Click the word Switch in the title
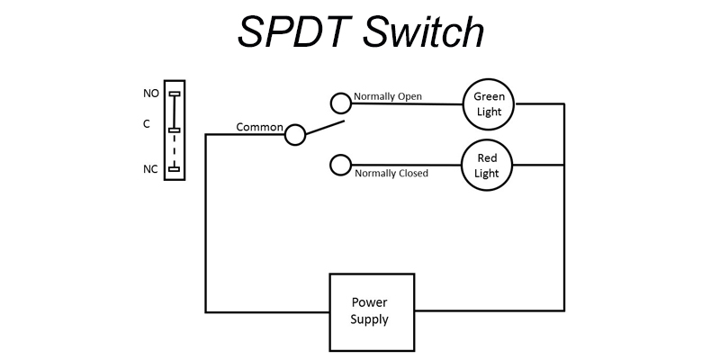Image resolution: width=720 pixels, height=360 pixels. click(x=424, y=33)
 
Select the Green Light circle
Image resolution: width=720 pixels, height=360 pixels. click(x=488, y=103)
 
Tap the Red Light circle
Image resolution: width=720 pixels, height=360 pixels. click(x=487, y=165)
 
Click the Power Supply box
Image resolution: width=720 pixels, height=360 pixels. click(x=371, y=311)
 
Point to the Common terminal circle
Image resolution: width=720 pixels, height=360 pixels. click(x=295, y=135)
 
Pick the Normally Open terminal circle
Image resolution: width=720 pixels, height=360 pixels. click(x=340, y=103)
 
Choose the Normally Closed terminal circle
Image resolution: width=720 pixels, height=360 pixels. click(x=340, y=165)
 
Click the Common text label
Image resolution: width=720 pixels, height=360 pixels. click(x=259, y=127)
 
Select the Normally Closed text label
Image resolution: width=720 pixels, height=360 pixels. click(x=391, y=173)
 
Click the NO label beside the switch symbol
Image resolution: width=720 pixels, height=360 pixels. click(x=150, y=94)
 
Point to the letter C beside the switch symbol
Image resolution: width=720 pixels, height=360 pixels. click(x=147, y=125)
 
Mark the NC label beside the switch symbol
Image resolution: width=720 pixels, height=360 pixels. click(x=150, y=168)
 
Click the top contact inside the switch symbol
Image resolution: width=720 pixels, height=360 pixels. click(x=175, y=94)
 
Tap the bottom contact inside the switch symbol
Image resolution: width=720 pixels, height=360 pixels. click(x=175, y=168)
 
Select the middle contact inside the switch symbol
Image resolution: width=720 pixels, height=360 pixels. click(x=175, y=130)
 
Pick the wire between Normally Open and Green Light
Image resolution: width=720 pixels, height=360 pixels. click(x=405, y=103)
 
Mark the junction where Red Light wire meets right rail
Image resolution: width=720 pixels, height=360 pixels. click(x=564, y=165)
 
